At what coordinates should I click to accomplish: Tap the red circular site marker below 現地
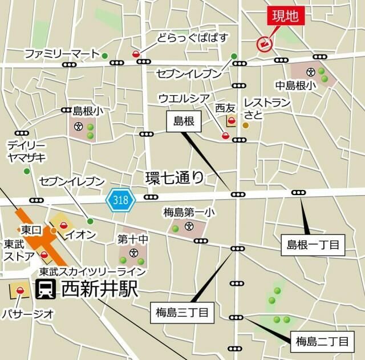(264, 43)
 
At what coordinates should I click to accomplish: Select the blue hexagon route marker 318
(120, 200)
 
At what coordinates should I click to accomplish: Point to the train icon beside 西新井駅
(45, 290)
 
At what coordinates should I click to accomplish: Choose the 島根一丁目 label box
(311, 245)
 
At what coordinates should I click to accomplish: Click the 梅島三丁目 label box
(181, 312)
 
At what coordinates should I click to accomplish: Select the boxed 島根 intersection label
(184, 120)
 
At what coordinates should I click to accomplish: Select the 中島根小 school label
(295, 86)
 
